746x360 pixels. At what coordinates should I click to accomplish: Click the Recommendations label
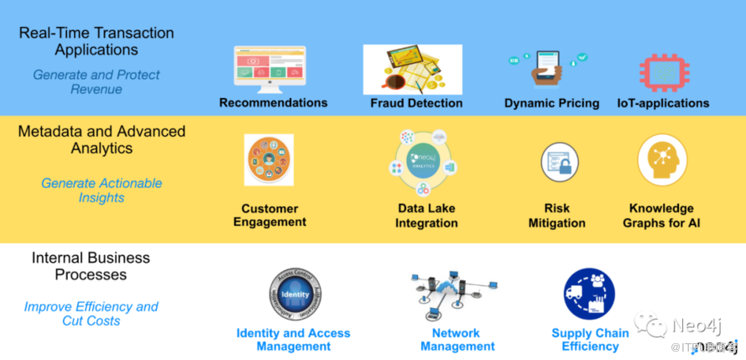tap(273, 102)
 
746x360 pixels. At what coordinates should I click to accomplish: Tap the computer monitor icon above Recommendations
tap(270, 68)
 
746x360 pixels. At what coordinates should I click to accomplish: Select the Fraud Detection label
tap(416, 103)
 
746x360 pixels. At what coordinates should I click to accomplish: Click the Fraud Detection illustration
tap(412, 69)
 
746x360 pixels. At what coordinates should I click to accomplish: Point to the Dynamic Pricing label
tap(551, 103)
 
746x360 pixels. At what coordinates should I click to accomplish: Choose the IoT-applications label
tap(662, 103)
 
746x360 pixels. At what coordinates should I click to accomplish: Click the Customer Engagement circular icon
tap(269, 160)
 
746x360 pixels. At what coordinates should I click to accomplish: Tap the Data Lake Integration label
tap(427, 216)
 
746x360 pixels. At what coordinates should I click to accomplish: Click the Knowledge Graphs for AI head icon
tap(662, 160)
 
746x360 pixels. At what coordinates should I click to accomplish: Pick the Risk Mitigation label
tap(556, 216)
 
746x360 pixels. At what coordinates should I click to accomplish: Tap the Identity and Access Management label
tap(293, 340)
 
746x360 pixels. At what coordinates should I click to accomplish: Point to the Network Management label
tap(456, 340)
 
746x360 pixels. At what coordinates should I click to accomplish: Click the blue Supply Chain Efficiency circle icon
tap(589, 294)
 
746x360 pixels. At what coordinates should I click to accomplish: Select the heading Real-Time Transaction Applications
tap(97, 41)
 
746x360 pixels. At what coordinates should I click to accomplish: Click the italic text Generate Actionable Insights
tap(102, 190)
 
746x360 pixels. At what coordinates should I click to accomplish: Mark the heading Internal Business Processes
tap(91, 266)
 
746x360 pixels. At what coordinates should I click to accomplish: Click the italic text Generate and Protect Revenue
tap(96, 82)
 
